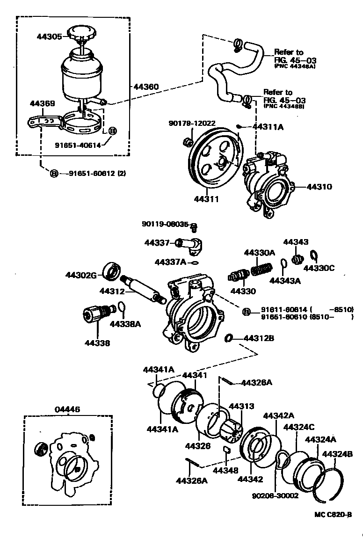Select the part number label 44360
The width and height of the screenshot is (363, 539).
pos(145,87)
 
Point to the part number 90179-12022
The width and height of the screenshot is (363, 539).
pos(192,123)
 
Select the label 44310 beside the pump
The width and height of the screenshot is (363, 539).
pos(319,187)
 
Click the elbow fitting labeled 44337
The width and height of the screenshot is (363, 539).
pos(192,244)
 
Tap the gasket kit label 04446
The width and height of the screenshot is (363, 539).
pos(67,409)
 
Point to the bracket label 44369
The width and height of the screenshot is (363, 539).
pos(43,103)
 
